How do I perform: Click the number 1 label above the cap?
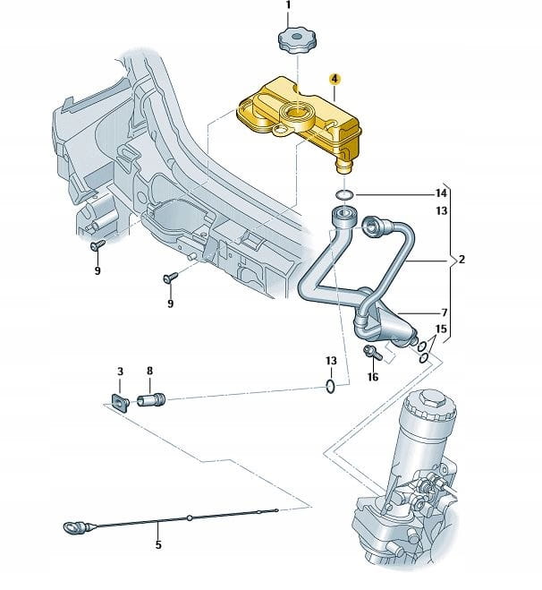point(288,6)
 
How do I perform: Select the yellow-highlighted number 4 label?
point(335,80)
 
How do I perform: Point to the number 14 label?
point(440,193)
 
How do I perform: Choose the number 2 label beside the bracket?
point(462,261)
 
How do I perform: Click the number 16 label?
point(373,377)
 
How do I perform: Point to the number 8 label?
point(149,371)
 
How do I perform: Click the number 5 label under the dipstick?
point(159,543)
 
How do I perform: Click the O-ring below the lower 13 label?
point(331,387)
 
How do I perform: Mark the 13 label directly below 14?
point(440,211)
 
